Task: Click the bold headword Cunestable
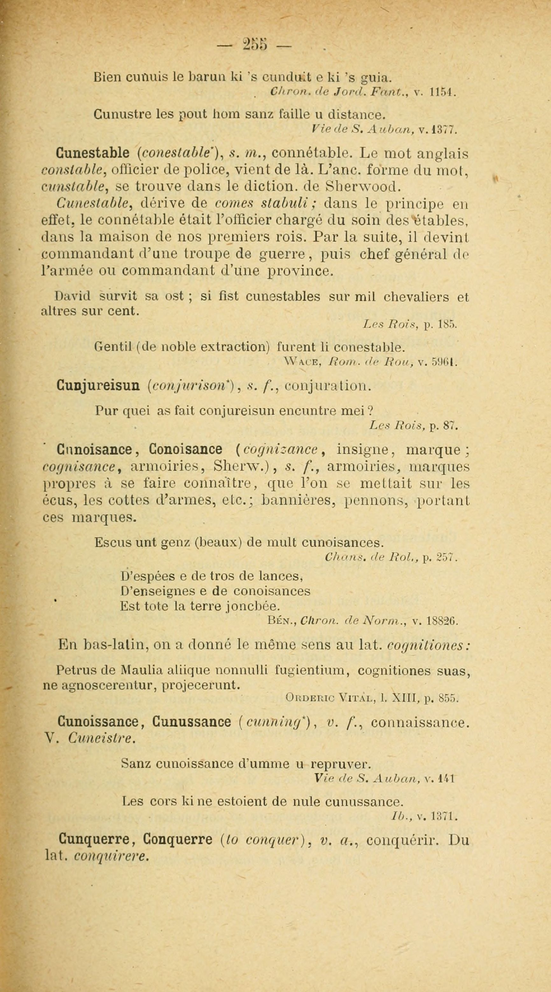click(92, 153)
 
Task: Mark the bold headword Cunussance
click(192, 721)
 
